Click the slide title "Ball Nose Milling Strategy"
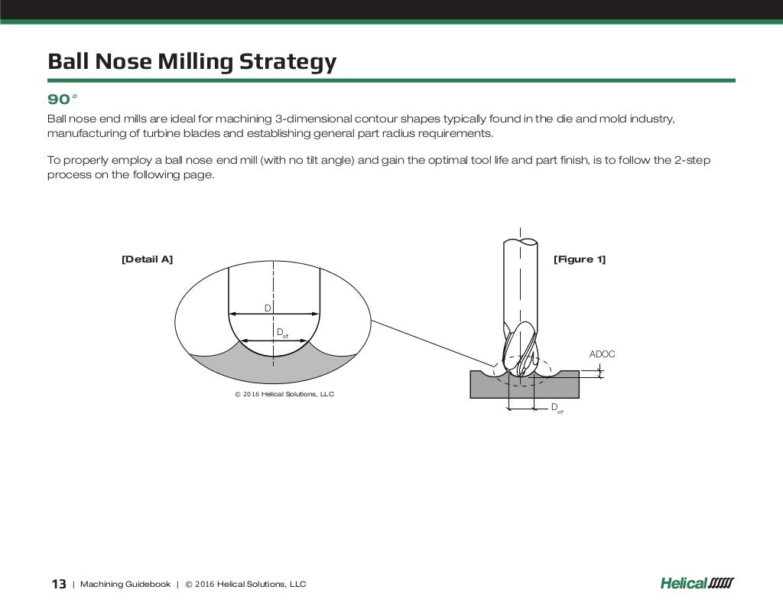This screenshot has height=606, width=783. click(x=192, y=61)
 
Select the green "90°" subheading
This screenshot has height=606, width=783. click(x=63, y=99)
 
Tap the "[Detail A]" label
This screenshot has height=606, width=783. click(x=147, y=259)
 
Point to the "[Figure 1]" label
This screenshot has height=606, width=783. click(x=579, y=259)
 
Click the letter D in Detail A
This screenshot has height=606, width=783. click(x=268, y=308)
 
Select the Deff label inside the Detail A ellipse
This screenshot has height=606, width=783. click(x=281, y=332)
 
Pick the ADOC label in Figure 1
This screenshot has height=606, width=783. click(x=602, y=354)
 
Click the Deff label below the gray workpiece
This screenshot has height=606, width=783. click(x=557, y=409)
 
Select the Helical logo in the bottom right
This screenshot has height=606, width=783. click(x=696, y=584)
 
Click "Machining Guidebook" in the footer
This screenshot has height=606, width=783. click(x=125, y=585)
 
